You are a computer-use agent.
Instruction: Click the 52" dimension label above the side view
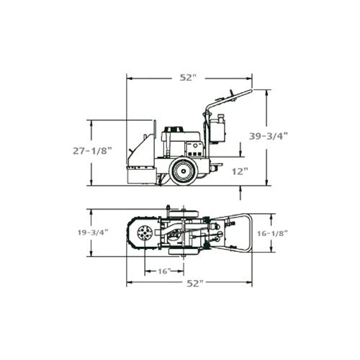coord(189,78)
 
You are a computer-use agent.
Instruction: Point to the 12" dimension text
coord(240,171)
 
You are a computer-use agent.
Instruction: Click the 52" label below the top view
coord(189,283)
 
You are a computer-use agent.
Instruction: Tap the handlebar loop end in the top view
coord(247,233)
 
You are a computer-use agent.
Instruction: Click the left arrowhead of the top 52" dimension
coord(129,78)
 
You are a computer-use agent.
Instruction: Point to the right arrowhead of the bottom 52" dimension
coord(250,283)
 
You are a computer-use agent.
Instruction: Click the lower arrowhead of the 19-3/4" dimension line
coord(91,255)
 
